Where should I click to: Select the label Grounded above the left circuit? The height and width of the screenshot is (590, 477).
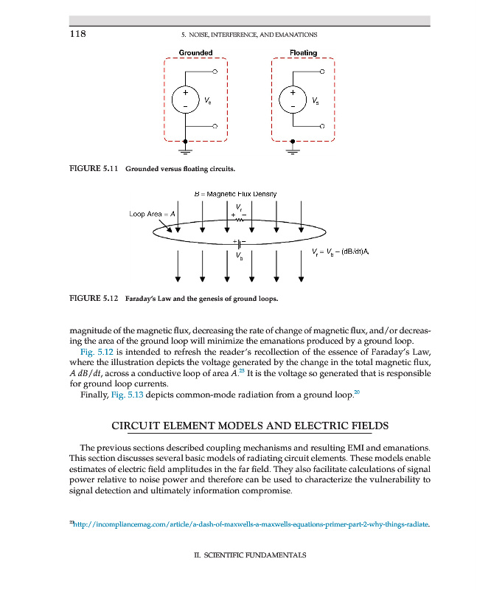point(195,52)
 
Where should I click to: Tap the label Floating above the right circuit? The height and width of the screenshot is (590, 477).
point(303,52)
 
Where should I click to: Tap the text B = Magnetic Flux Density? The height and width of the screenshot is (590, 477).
point(234,193)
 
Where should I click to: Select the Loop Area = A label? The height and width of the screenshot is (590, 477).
point(153,214)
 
